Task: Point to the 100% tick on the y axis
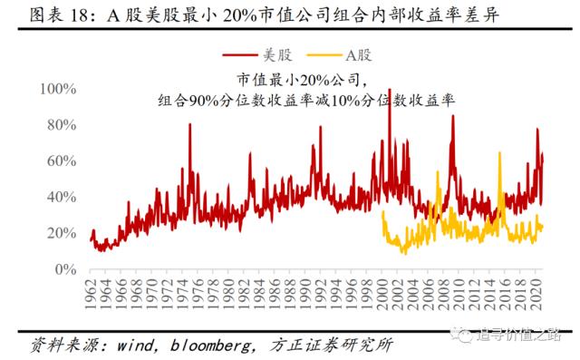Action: pyautogui.click(x=59, y=89)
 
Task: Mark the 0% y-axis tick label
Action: pyautogui.click(x=66, y=270)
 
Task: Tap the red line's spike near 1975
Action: pyautogui.click(x=190, y=124)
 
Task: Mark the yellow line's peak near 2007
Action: pyautogui.click(x=439, y=172)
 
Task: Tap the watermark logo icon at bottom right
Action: pyautogui.click(x=464, y=334)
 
